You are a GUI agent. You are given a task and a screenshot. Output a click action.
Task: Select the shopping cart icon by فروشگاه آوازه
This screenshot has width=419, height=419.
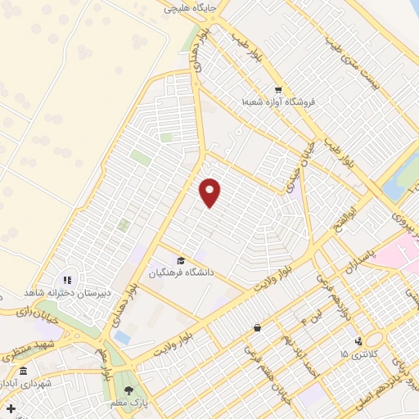click(x=278, y=90)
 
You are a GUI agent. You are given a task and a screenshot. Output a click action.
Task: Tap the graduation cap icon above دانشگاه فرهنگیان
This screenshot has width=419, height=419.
click(x=180, y=260)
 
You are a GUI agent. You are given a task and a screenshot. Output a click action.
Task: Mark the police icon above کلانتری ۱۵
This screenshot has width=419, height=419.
click(x=358, y=341)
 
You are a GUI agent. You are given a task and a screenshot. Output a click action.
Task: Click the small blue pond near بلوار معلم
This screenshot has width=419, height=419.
click(x=122, y=336)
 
